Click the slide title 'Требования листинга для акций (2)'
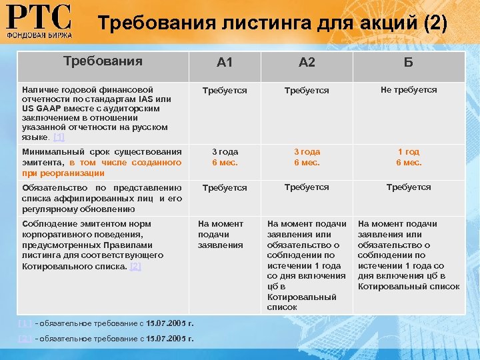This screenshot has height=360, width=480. [x=273, y=24]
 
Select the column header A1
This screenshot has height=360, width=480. [x=225, y=63]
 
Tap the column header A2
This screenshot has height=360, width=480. [x=307, y=63]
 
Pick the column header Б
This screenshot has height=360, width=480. [x=409, y=63]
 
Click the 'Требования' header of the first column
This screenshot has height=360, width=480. [x=103, y=61]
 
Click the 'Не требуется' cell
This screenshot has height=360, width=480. [x=409, y=89]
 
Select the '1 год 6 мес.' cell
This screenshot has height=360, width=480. [x=409, y=157]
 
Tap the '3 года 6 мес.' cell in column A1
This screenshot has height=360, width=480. [x=225, y=157]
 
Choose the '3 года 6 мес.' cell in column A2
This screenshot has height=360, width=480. [x=307, y=157]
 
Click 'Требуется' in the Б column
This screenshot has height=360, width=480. [x=409, y=187]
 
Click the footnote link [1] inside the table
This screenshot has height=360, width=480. [x=59, y=137]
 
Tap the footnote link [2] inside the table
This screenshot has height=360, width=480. [x=135, y=266]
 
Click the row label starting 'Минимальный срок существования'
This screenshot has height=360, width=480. [x=101, y=162]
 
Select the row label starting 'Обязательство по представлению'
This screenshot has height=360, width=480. [x=101, y=198]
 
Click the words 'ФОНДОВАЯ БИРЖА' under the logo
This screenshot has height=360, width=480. [x=39, y=33]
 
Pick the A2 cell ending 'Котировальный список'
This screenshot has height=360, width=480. [x=307, y=265]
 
